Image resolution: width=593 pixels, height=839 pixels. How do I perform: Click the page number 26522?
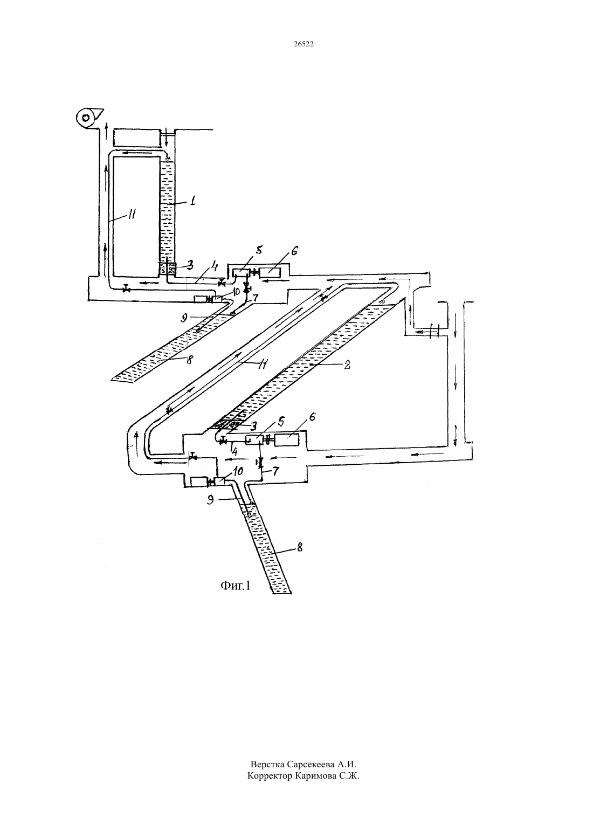(x=304, y=44)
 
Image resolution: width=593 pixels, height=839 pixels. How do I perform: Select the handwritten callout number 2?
(x=347, y=365)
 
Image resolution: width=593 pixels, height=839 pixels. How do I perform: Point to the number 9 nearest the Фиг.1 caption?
(x=210, y=500)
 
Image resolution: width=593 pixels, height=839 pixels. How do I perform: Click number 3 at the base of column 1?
(x=190, y=266)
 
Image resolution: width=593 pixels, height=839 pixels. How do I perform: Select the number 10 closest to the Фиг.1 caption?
(x=238, y=470)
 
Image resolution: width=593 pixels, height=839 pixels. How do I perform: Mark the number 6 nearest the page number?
(x=294, y=251)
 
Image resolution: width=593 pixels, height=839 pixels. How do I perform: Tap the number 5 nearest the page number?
(x=259, y=249)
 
